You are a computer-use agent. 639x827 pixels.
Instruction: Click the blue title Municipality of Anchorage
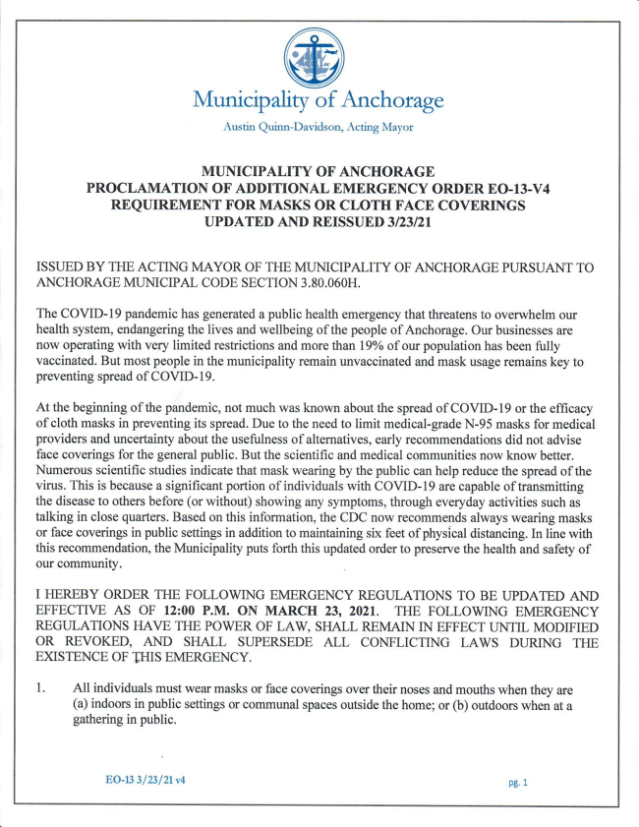point(319,100)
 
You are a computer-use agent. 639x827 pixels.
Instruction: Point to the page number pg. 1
point(518,783)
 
